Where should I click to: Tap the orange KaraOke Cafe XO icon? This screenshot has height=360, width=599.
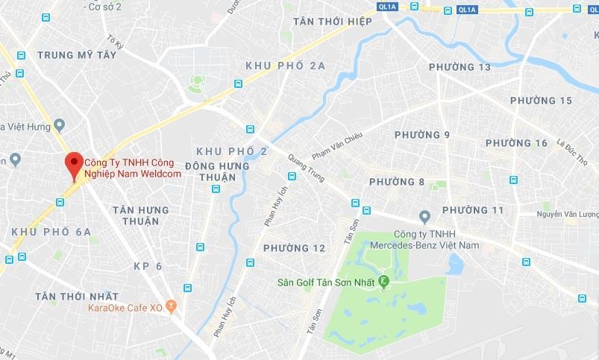click(x=171, y=306)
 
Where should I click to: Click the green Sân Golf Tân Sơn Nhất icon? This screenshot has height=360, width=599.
click(x=384, y=282)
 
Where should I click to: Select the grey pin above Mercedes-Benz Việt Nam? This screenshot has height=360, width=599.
click(x=424, y=217)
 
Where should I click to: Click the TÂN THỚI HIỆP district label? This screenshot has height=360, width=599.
click(x=333, y=21)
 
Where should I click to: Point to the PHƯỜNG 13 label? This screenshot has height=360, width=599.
click(x=460, y=68)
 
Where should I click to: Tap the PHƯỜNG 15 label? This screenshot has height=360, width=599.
click(x=541, y=101)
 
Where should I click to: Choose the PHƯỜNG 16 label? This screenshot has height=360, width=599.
click(x=517, y=143)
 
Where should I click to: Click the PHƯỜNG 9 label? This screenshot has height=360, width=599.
click(x=422, y=135)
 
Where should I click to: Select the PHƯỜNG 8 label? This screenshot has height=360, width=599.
click(x=397, y=182)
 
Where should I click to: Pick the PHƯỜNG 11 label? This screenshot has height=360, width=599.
click(x=473, y=210)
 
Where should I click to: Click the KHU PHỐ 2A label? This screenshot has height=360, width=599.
click(x=286, y=66)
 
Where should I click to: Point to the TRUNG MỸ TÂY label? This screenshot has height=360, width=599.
click(x=77, y=55)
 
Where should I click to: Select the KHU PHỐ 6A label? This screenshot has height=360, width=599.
click(x=51, y=233)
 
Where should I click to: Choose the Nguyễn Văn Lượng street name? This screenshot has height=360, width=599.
click(x=568, y=215)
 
